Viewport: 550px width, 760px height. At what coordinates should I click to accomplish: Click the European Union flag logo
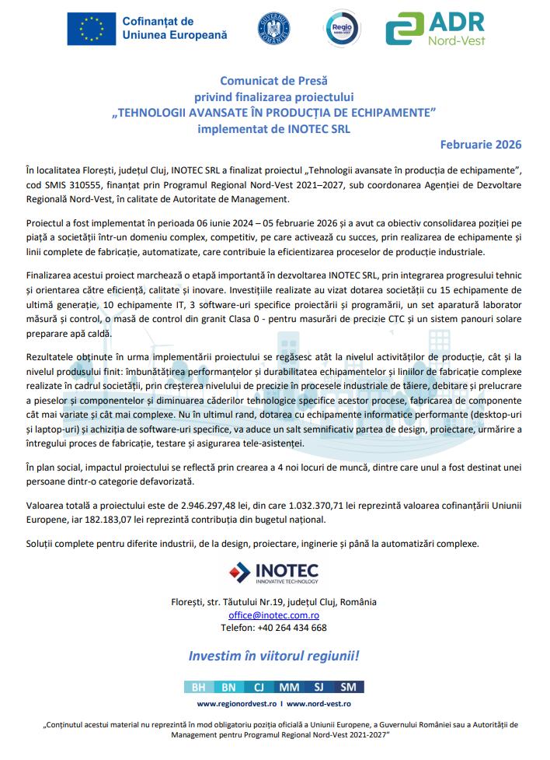click(91, 28)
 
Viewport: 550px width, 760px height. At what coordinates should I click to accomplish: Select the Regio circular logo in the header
click(343, 28)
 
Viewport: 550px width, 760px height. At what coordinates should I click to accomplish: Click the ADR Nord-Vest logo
click(436, 29)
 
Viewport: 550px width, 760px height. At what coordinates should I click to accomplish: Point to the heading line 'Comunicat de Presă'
click(274, 80)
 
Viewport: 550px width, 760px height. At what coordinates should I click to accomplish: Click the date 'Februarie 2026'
click(481, 145)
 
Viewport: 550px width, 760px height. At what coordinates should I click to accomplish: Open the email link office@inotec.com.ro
click(273, 615)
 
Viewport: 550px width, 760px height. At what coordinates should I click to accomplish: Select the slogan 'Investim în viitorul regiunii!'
click(273, 657)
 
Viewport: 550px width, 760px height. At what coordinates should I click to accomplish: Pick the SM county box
click(349, 687)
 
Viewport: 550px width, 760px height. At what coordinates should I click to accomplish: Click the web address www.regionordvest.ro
click(236, 703)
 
